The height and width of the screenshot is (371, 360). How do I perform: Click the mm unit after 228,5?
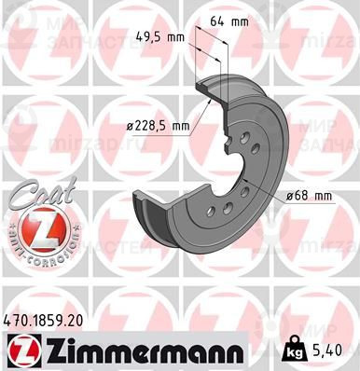coord(178,126)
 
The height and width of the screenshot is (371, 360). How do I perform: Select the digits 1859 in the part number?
coord(47,319)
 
